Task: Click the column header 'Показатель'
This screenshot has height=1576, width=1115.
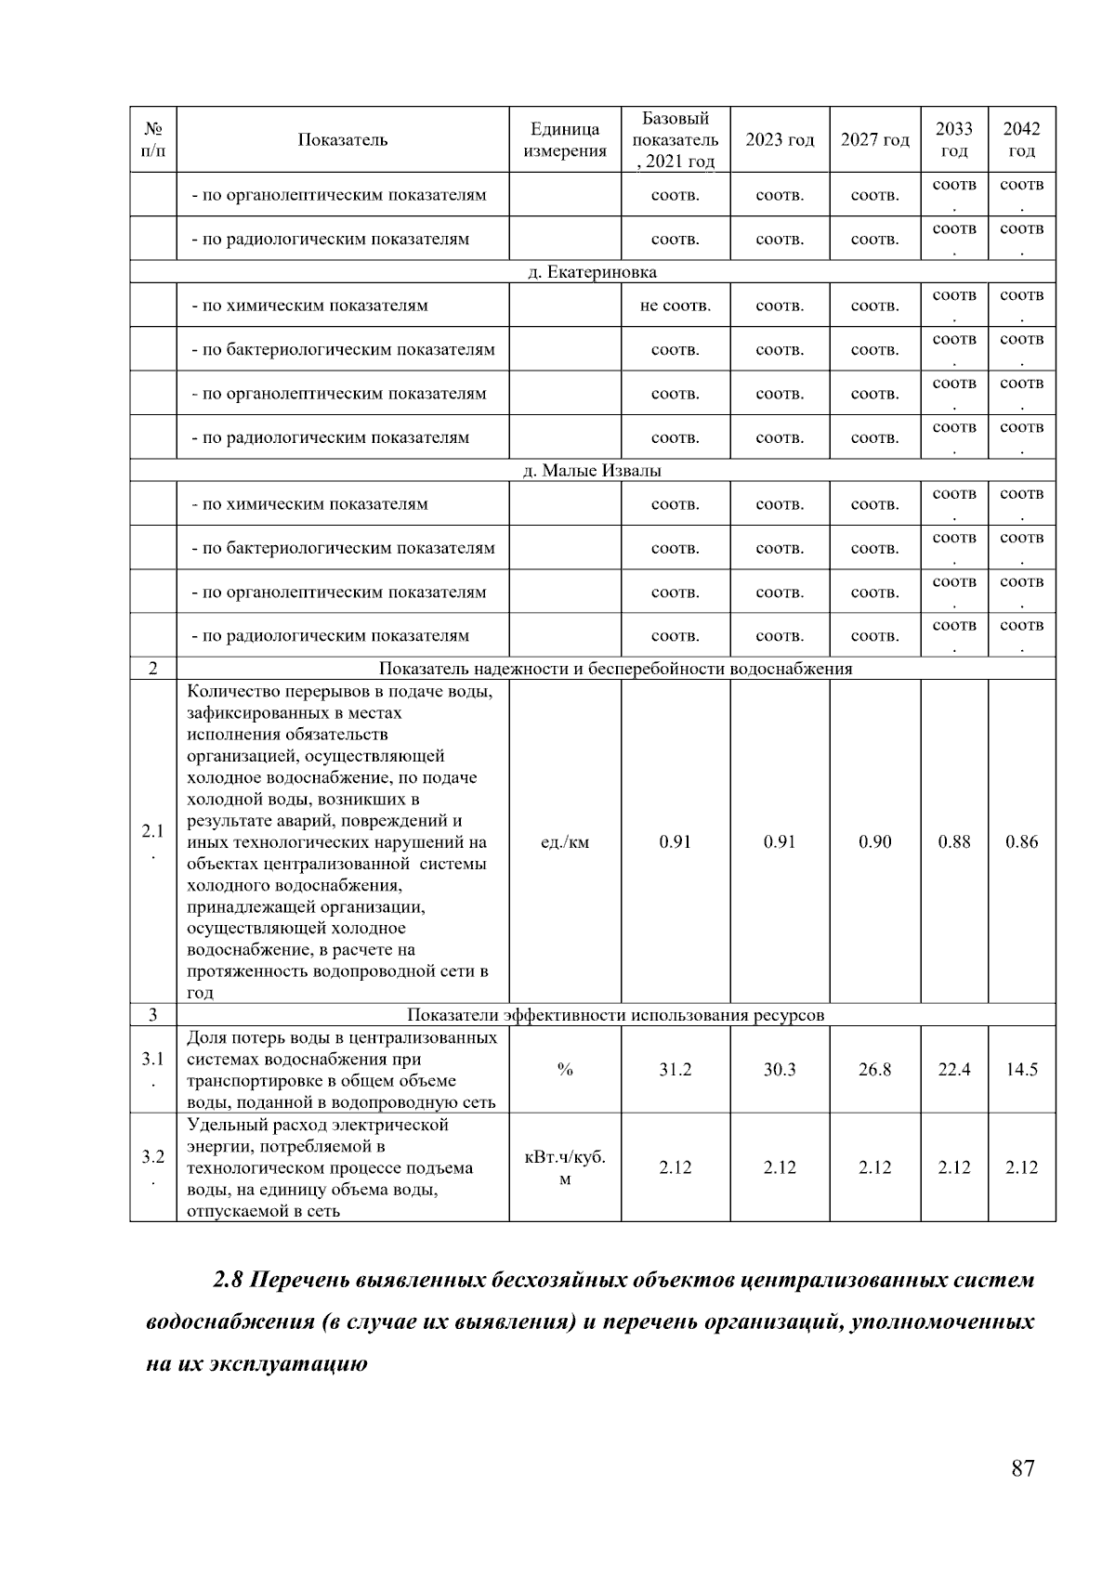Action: point(342,140)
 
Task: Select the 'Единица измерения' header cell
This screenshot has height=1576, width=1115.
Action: point(564,140)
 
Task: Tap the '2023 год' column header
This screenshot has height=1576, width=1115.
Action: point(780,140)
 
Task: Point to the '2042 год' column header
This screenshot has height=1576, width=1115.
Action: point(1021,140)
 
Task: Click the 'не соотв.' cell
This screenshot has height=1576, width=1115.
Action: point(675,306)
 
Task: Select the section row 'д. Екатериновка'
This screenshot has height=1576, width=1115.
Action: point(592,272)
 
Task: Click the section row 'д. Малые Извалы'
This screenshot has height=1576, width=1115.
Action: point(592,471)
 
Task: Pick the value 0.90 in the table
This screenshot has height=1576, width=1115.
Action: point(874,842)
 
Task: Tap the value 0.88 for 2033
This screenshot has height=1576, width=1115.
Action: point(953,842)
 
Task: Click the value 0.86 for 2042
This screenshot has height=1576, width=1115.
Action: point(1021,842)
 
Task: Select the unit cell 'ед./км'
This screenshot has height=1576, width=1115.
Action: point(564,843)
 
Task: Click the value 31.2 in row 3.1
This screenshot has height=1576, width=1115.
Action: point(675,1070)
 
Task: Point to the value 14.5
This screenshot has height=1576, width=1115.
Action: point(1021,1070)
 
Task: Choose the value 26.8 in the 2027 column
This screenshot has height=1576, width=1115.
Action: point(874,1070)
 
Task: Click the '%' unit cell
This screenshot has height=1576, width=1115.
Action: point(564,1070)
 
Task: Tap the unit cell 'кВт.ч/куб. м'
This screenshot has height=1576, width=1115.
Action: point(564,1168)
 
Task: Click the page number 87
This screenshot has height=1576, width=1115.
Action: point(1022,1468)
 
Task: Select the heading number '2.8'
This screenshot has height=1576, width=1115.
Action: point(228,1281)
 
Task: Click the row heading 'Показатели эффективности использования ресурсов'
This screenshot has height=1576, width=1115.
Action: point(615,1015)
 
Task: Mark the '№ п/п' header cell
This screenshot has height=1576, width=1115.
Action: point(153,140)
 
